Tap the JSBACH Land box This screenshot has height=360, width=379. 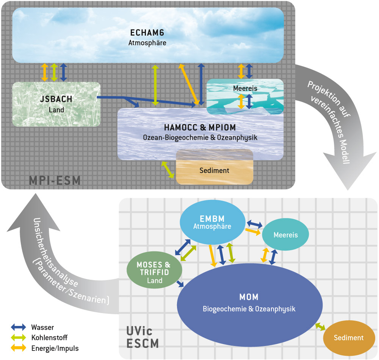56,104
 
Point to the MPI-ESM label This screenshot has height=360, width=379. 55,180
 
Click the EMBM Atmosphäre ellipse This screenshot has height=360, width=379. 212,223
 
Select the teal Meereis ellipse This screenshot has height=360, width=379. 285,235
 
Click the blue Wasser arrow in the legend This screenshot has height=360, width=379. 19,327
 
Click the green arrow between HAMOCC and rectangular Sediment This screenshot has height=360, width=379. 168,170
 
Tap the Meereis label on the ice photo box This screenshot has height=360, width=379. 245,88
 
